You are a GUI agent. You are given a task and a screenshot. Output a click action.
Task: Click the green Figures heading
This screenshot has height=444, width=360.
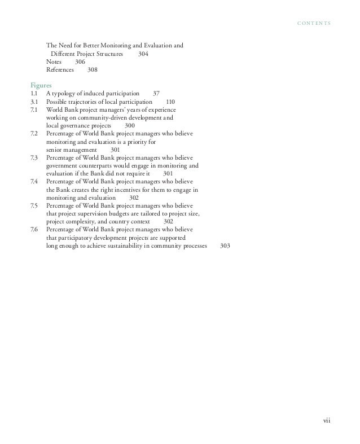[x=42, y=83]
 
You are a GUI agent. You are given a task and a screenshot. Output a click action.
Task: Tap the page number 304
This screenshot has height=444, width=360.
[x=143, y=54]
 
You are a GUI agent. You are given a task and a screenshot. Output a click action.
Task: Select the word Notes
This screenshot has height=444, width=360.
[x=54, y=62]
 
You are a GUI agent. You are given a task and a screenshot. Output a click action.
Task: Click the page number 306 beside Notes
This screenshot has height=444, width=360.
[x=80, y=62]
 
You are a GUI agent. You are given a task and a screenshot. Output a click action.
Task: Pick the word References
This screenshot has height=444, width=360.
[x=60, y=70]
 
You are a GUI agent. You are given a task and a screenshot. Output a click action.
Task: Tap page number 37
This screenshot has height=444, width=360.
[x=156, y=93]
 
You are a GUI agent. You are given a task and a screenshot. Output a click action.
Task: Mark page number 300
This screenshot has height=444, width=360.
[x=129, y=125]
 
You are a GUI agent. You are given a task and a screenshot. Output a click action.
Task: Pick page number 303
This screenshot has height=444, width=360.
[x=225, y=247]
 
